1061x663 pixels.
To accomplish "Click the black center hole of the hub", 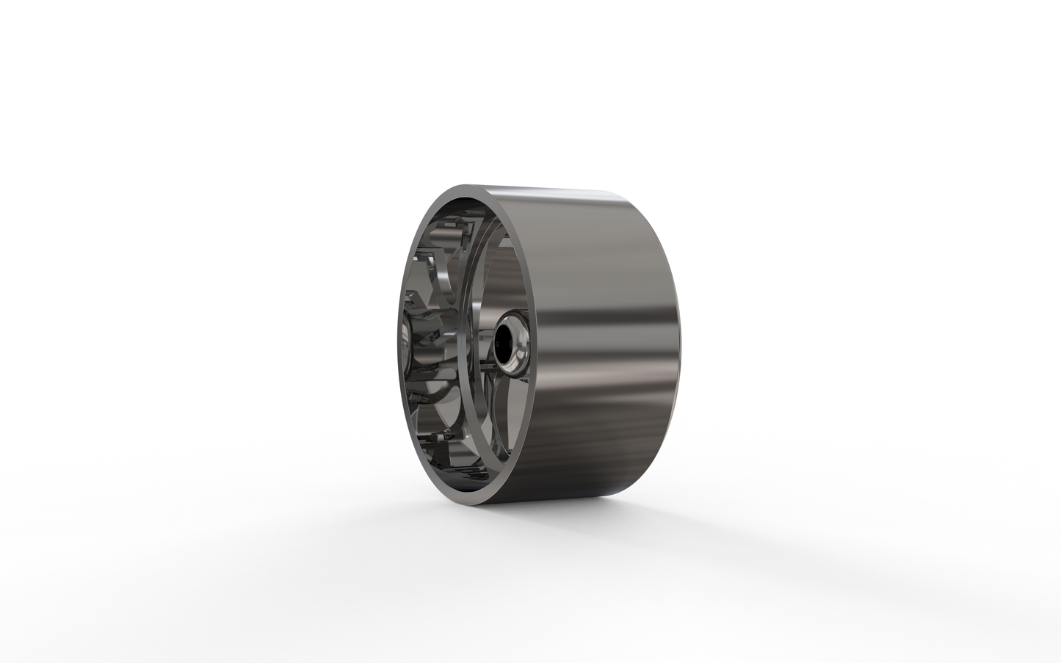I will pos(506,344).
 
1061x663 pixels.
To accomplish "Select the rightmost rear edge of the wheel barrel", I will pos(679,345).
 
